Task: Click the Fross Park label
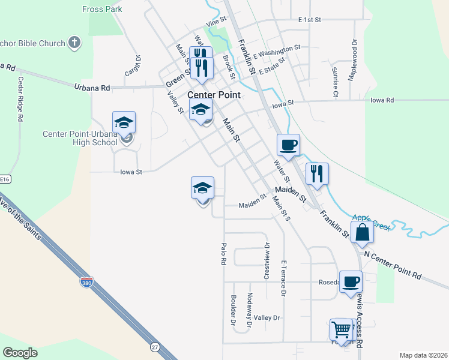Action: [102, 9]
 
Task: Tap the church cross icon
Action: [74, 43]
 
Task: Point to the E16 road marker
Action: [5, 179]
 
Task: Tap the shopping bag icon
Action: [362, 232]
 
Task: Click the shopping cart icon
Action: [341, 329]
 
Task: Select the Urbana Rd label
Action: [92, 88]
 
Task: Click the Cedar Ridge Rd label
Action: [20, 100]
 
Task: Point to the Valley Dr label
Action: [267, 317]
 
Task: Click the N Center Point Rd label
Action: [393, 265]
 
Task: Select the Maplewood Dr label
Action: [354, 53]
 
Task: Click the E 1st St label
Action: [309, 19]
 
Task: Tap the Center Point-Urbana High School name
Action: [80, 138]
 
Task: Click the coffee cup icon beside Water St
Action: [288, 145]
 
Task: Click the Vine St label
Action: [215, 22]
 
